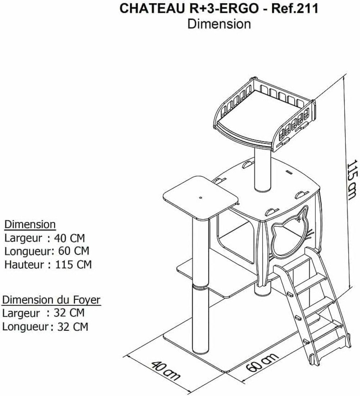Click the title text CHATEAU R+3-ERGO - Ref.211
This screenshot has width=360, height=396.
click(x=219, y=9)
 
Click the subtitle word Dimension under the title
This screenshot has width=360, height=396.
click(x=219, y=24)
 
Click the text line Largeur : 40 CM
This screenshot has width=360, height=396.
click(x=45, y=238)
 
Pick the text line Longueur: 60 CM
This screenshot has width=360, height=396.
click(x=47, y=251)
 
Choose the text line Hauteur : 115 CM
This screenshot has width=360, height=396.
click(x=48, y=265)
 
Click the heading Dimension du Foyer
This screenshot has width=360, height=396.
click(x=51, y=300)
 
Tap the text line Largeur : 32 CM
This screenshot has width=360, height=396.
click(x=43, y=313)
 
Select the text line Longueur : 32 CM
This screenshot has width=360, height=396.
click(x=45, y=327)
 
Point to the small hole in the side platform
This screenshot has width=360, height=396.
click(x=200, y=198)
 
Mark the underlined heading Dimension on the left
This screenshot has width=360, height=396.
click(x=30, y=225)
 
